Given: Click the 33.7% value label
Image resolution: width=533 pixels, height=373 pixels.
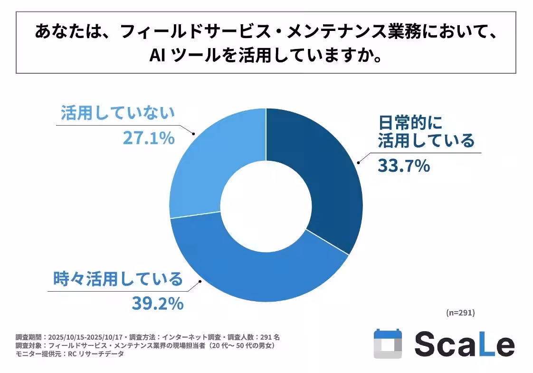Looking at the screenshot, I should pyautogui.click(x=404, y=166).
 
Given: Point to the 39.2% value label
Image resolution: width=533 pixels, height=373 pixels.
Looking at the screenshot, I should pyautogui.click(x=158, y=304).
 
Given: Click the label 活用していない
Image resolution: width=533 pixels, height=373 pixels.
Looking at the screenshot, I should pyautogui.click(x=118, y=114).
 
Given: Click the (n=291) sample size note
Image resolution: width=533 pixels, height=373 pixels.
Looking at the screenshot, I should pyautogui.click(x=460, y=313).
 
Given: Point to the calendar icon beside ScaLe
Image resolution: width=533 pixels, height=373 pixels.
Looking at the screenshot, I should pyautogui.click(x=388, y=344).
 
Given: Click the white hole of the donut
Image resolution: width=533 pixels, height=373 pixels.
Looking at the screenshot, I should pyautogui.click(x=266, y=205).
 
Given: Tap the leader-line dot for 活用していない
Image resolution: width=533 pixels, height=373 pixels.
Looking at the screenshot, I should pyautogui.click(x=194, y=135).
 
